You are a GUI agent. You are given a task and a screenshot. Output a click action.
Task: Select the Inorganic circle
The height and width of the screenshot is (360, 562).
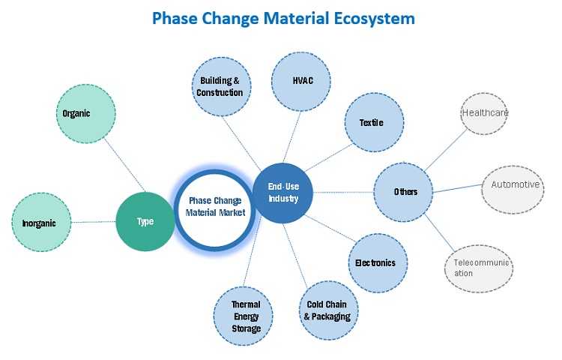pyautogui.click(x=44, y=223)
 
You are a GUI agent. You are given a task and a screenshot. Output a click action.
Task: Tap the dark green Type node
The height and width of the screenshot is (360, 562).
pyautogui.click(x=145, y=221)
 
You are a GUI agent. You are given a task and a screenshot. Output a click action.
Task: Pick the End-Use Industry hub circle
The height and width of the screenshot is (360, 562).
pyautogui.click(x=282, y=193)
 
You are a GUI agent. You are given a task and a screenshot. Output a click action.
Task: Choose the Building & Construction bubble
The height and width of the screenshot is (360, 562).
pyautogui.click(x=221, y=86)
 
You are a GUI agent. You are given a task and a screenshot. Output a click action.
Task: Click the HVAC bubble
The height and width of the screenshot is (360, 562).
pyautogui.click(x=301, y=80)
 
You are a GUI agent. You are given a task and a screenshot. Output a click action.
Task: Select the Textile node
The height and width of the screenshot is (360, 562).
pyautogui.click(x=372, y=122)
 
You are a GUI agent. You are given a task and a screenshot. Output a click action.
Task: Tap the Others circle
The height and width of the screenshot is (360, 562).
pyautogui.click(x=405, y=192)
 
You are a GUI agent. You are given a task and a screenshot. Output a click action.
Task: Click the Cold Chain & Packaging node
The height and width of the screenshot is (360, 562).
pyautogui.click(x=327, y=310)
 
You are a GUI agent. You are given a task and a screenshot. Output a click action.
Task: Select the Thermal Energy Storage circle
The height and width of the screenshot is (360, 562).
pyautogui.click(x=245, y=316)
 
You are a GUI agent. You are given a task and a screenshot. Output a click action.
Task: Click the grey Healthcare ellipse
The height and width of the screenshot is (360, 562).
pyautogui.click(x=485, y=113)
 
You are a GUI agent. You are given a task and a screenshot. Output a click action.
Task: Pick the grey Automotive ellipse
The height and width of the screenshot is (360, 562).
pyautogui.click(x=514, y=184)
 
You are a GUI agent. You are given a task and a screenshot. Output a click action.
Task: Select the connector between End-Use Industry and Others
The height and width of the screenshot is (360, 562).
pyautogui.click(x=342, y=192)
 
